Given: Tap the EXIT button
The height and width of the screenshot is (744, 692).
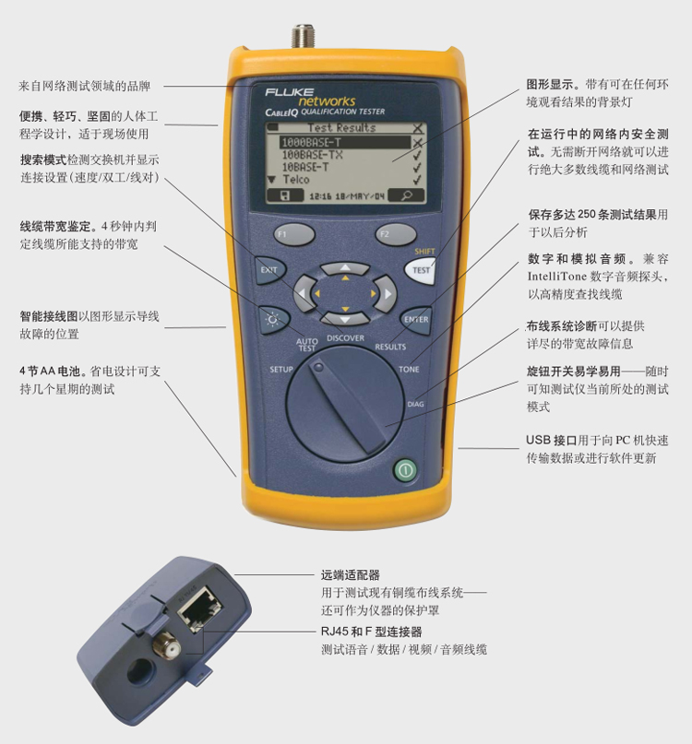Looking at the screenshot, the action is (269, 270).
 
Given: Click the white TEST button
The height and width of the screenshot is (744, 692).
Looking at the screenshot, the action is (421, 270).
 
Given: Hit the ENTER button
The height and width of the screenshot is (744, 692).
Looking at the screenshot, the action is (416, 320).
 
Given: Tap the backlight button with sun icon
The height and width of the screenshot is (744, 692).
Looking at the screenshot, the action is (274, 320).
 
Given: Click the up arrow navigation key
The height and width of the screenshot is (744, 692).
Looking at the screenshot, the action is (345, 268).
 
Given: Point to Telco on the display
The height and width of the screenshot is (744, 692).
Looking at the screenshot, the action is (295, 180).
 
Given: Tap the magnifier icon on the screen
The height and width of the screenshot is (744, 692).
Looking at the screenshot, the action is (407, 195).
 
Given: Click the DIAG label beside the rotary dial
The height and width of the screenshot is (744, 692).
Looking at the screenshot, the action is (415, 404).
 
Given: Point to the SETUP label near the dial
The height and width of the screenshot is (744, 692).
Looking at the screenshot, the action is (281, 369).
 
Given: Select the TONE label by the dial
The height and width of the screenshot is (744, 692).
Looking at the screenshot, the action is (409, 369).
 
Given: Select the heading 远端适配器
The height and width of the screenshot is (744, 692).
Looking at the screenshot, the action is (351, 575).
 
